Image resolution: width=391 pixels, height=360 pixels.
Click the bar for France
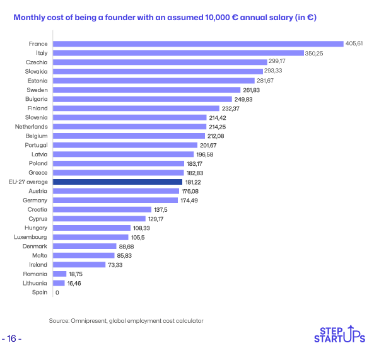[x=198, y=44]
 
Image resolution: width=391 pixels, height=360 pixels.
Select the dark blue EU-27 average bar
[x=117, y=182]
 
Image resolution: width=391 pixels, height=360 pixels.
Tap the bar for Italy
[x=178, y=53]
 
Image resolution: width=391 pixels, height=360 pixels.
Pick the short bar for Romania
[x=60, y=274]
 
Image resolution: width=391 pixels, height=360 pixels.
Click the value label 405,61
[x=354, y=44]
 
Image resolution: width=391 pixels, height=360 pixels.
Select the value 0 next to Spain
[x=57, y=293]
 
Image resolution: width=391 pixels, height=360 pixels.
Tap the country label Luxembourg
[x=32, y=236]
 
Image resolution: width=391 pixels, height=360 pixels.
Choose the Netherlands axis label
[x=32, y=127]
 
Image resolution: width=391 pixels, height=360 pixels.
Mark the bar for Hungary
[x=91, y=228]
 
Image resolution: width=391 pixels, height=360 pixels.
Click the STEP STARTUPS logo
[x=339, y=335]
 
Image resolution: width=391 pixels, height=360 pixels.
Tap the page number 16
[x=12, y=339]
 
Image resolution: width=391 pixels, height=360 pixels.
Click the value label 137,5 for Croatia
[x=161, y=209]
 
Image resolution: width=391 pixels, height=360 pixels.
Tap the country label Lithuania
[x=35, y=283]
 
